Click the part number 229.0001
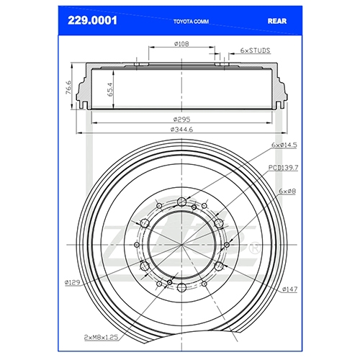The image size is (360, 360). tap(92, 21)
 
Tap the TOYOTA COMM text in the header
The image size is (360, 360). tap(191, 22)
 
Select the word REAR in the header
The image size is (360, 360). tap(277, 21)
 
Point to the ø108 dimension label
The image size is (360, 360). tap(181, 44)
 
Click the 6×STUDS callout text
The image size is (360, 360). tap(255, 50)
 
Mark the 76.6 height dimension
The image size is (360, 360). tap(68, 87)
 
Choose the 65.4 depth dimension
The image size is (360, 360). tap(110, 89)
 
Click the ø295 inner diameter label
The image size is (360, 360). tap(181, 119)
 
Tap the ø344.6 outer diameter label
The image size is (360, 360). tap(181, 130)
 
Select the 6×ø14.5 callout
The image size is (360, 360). tap(284, 145)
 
